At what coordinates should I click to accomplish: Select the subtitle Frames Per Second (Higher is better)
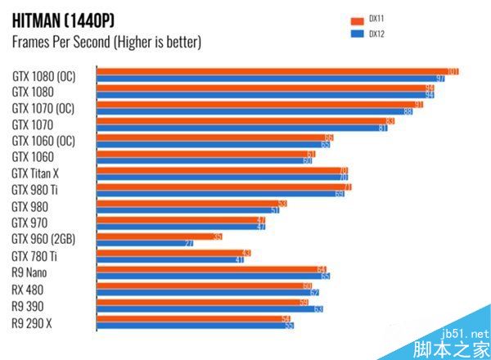(106, 42)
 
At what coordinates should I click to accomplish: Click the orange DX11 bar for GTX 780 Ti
(172, 253)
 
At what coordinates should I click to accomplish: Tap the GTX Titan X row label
(36, 173)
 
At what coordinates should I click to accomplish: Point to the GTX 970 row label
(29, 223)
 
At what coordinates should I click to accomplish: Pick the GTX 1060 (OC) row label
(43, 140)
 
